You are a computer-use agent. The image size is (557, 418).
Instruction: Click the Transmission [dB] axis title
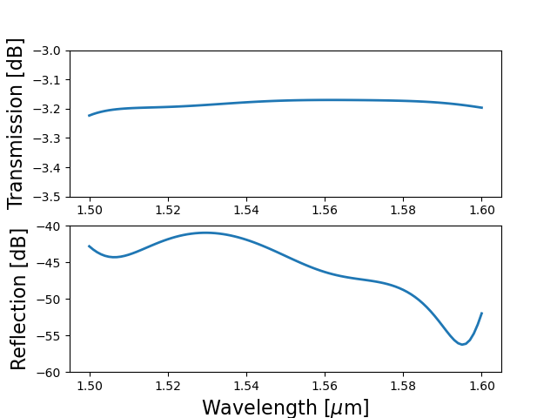(x=16, y=124)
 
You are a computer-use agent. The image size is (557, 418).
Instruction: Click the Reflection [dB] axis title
(x=19, y=299)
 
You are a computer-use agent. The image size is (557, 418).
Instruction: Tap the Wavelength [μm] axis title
(x=285, y=408)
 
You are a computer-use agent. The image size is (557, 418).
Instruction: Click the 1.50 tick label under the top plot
(x=90, y=210)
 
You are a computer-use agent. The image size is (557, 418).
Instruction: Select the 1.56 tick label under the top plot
(x=325, y=210)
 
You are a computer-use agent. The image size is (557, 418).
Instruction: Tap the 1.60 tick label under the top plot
(x=482, y=210)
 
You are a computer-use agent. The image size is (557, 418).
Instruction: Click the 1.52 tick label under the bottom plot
(x=168, y=385)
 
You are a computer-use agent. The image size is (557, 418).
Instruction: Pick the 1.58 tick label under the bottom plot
(x=404, y=385)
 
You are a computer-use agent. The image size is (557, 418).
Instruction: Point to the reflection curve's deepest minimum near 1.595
(x=463, y=344)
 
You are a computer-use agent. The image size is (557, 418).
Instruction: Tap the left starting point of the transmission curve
(x=90, y=116)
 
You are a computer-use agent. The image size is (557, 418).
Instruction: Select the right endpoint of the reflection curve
(x=482, y=313)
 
